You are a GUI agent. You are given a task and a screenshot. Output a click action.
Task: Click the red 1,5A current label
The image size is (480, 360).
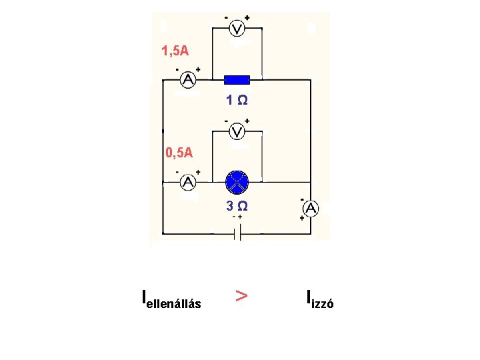point(175,51)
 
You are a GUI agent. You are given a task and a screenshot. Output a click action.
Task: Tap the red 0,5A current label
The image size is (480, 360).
point(179,153)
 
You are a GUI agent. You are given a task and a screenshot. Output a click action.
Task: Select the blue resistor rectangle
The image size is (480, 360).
point(237,80)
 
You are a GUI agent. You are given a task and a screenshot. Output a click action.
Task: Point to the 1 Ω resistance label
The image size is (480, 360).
point(237,101)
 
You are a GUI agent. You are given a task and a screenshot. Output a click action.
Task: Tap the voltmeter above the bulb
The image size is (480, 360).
point(236,131)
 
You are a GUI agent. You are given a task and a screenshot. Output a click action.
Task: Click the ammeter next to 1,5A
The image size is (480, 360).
point(189,80)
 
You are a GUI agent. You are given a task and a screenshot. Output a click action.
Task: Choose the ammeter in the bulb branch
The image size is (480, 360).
point(189,181)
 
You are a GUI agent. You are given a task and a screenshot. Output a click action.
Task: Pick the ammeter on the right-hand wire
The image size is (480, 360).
point(311,209)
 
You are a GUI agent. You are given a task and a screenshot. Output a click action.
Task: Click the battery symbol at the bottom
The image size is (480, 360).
point(237,233)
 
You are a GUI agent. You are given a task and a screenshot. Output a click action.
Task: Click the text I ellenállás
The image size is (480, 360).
point(171,301)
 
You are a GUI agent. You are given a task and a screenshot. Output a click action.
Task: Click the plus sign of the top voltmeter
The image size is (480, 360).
point(247,18)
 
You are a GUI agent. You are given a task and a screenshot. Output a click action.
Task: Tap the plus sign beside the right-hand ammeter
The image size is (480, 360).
point(303,218)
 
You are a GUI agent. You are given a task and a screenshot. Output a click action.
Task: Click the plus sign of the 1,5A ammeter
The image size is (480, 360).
point(198,69)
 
